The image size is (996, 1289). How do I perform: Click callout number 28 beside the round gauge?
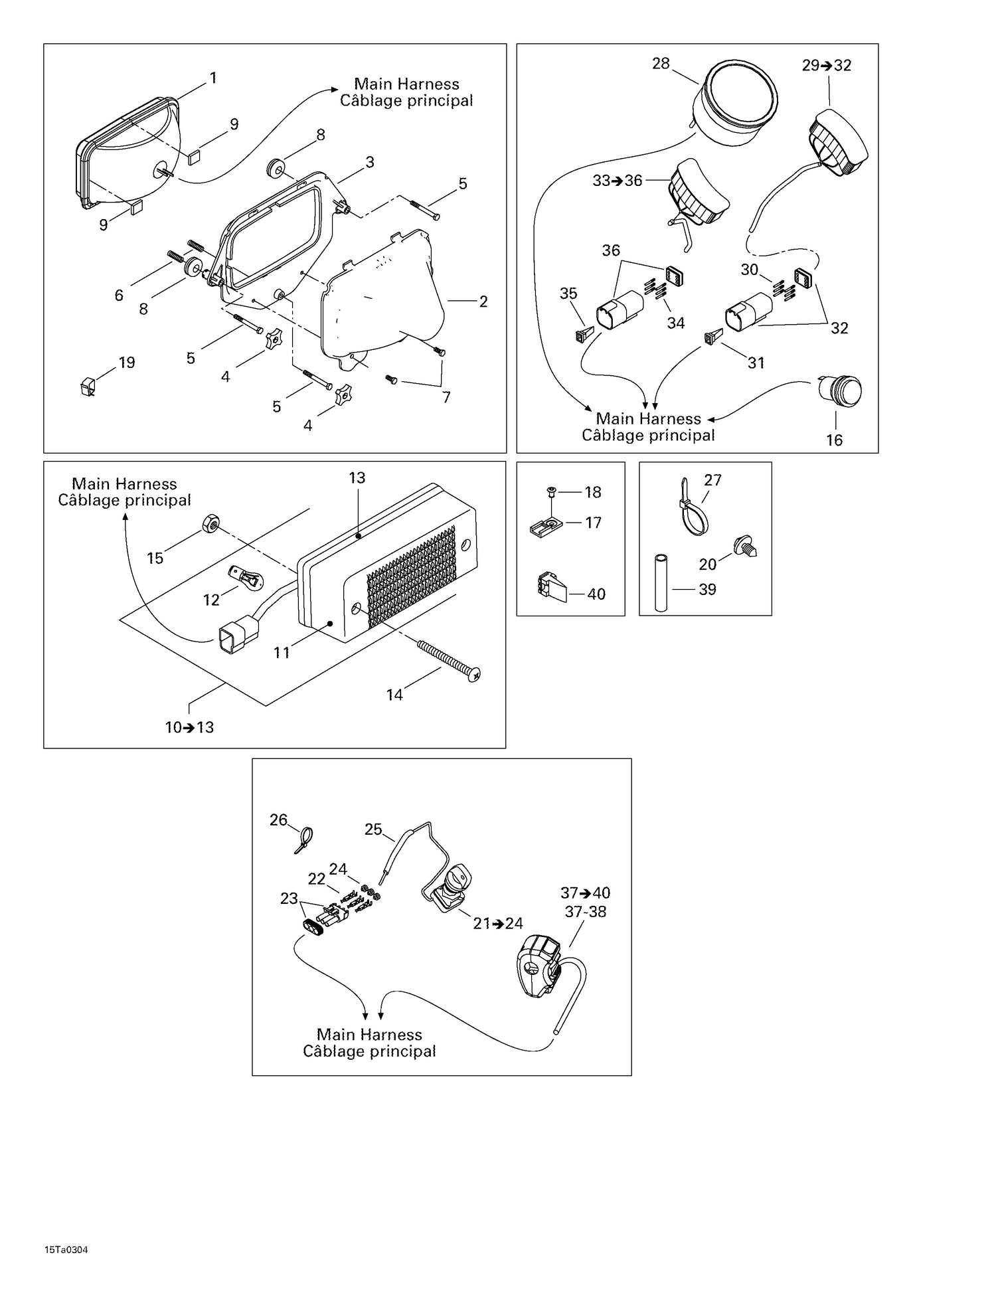tap(661, 64)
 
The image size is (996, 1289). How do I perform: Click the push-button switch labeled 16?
tap(841, 392)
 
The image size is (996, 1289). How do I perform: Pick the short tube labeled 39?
tap(661, 581)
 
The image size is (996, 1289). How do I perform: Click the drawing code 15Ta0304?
tap(66, 1250)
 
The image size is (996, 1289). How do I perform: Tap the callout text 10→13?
tap(189, 727)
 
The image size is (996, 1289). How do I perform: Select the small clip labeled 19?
tap(87, 386)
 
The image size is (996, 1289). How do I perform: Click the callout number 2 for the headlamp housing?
tap(483, 301)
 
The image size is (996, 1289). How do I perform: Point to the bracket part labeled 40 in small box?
tap(548, 587)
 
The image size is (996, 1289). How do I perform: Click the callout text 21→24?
tap(497, 923)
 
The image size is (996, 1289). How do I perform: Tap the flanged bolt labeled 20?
tap(746, 547)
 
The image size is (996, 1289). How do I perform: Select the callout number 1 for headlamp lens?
tap(213, 78)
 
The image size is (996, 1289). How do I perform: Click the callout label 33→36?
tap(617, 181)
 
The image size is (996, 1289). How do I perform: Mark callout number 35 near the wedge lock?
tap(568, 293)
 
